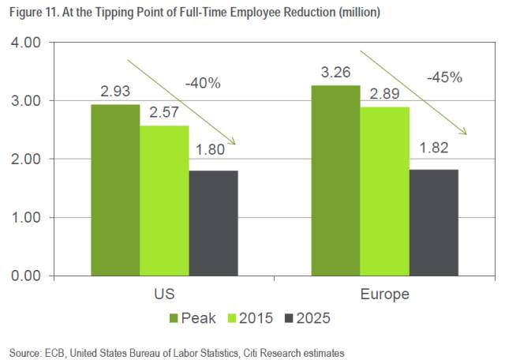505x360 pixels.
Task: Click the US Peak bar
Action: pyautogui.click(x=116, y=189)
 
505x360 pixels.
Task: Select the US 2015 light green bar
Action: pyautogui.click(x=165, y=201)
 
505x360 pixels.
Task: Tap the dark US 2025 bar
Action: pyautogui.click(x=214, y=223)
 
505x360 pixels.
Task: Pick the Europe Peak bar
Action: pyautogui.click(x=336, y=180)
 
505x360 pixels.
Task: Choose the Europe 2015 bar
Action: pyautogui.click(x=385, y=191)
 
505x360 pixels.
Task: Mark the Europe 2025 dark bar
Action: pyautogui.click(x=433, y=222)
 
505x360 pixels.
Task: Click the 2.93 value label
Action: pyautogui.click(x=116, y=92)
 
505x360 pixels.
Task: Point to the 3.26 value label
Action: pyautogui.click(x=336, y=73)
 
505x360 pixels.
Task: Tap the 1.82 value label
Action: pyautogui.click(x=433, y=156)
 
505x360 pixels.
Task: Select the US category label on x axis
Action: pyautogui.click(x=164, y=294)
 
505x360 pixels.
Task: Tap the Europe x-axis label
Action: pyautogui.click(x=385, y=294)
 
